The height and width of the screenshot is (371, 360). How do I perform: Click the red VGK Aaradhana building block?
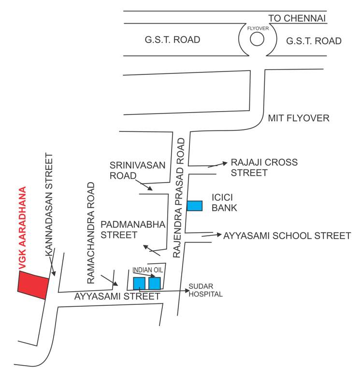[x=33, y=285]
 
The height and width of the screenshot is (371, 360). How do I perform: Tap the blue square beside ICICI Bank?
[x=194, y=205]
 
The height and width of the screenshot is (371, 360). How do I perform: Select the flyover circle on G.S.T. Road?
[x=257, y=40]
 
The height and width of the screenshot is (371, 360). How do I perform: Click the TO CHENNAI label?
[x=298, y=19]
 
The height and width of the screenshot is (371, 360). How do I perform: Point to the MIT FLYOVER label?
[x=299, y=118]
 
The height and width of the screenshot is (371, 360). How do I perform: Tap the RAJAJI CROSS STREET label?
[x=264, y=167]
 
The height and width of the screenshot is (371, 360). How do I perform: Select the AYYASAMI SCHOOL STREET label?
[x=287, y=236]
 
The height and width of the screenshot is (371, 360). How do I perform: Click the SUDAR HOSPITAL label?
[x=205, y=290]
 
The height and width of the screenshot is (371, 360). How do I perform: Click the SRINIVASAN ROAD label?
[x=138, y=170]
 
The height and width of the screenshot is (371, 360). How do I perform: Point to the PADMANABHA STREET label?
[x=133, y=229]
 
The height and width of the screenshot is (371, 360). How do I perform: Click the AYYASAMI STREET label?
[x=117, y=297]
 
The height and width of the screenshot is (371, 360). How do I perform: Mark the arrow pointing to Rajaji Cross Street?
[x=217, y=165]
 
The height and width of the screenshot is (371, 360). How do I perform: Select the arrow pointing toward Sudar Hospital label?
[x=164, y=291]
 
